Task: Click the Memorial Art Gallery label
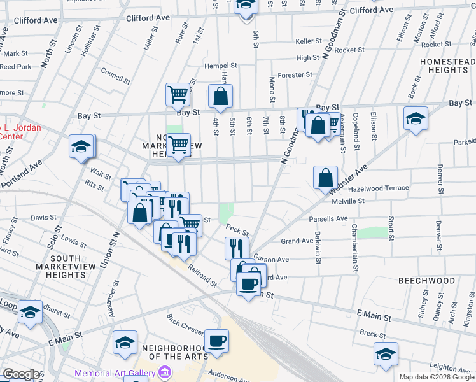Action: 115,373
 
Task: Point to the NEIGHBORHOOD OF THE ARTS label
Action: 175,352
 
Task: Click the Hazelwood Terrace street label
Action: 379,188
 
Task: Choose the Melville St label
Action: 347,201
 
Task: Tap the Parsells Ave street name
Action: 328,219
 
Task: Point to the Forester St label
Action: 295,74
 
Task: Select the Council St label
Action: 115,73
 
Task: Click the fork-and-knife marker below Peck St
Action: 237,248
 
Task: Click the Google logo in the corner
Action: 21,374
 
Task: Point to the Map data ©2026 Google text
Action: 436,377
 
